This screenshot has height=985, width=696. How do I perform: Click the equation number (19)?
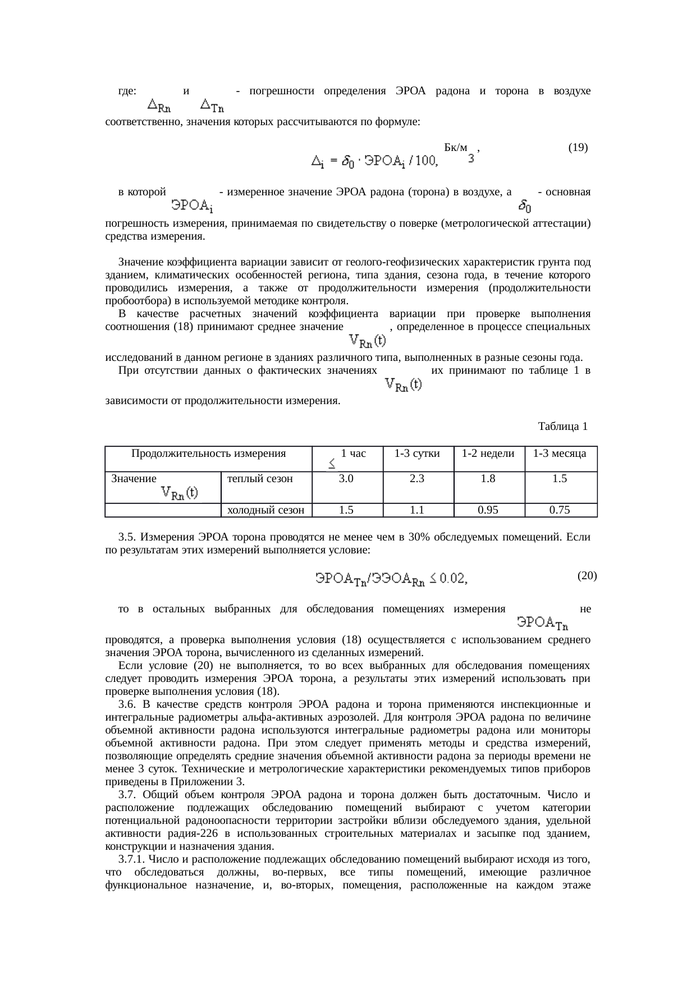coord(578,148)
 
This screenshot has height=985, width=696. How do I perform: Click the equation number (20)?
coord(587,575)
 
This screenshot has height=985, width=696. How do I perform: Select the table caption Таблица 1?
coord(562,427)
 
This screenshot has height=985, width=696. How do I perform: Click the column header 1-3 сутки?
coord(418,453)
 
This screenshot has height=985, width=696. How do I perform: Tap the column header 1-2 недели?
coord(488,453)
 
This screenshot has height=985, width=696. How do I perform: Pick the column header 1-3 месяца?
coord(560,453)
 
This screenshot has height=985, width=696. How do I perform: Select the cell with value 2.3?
coord(418,479)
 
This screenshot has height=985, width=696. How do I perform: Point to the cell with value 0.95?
coord(488,510)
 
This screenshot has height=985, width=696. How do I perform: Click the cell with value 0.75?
coord(560,510)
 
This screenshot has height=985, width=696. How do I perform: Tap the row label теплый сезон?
coord(260,479)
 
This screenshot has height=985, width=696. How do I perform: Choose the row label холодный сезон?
coord(265,510)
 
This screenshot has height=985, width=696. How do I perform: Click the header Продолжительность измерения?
coord(208,453)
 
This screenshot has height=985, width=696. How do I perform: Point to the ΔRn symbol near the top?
coord(159,104)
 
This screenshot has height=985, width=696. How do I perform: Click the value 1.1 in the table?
coord(418,510)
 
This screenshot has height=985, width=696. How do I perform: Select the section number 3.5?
coord(126,537)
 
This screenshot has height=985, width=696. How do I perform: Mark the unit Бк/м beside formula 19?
coord(455,148)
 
